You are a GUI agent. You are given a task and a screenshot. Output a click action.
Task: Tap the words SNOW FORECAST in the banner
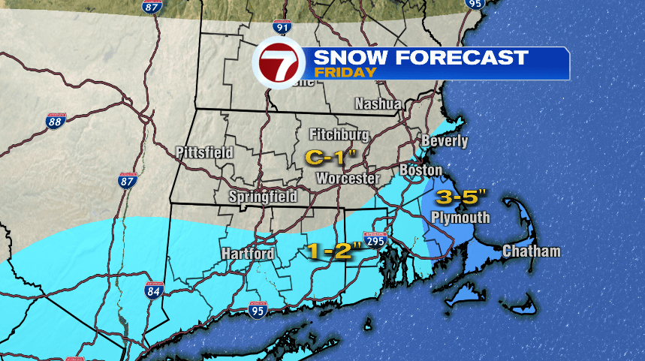coord(420,58)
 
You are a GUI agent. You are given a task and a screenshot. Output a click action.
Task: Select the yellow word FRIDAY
coord(345,73)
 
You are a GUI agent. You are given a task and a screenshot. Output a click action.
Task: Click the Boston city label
coord(420,170)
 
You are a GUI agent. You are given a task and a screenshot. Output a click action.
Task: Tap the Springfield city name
coord(263,197)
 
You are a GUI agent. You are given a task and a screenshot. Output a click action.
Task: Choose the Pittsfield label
coord(204,152)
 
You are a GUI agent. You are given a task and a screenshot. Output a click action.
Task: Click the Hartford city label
coord(248,254)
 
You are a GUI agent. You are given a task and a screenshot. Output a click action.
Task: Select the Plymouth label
coord(460,218)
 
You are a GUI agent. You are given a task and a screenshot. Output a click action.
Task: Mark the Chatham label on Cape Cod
coord(532,251)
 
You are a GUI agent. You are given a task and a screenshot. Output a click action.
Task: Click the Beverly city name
coord(445,140)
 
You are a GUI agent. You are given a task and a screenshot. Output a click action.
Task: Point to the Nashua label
coord(378,103)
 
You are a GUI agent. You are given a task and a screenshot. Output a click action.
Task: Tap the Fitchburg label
coord(339,134)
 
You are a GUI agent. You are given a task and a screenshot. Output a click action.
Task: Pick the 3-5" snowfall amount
coord(463,198)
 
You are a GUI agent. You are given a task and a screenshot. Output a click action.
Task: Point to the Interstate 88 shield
coord(56,120)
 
